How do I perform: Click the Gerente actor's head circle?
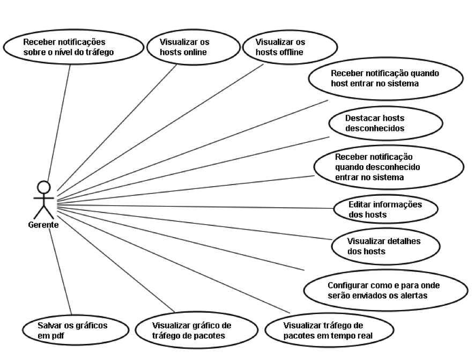coord(44,187)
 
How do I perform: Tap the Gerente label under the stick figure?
coord(43,225)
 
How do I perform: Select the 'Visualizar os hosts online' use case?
coord(184,47)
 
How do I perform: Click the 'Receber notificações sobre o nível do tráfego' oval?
coord(74,47)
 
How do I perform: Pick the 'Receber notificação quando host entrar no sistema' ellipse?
coord(382,78)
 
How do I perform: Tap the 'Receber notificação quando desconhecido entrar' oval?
coord(388,167)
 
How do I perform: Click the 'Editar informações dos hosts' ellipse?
coord(385,210)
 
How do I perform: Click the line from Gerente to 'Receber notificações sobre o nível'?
coord(59,123)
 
